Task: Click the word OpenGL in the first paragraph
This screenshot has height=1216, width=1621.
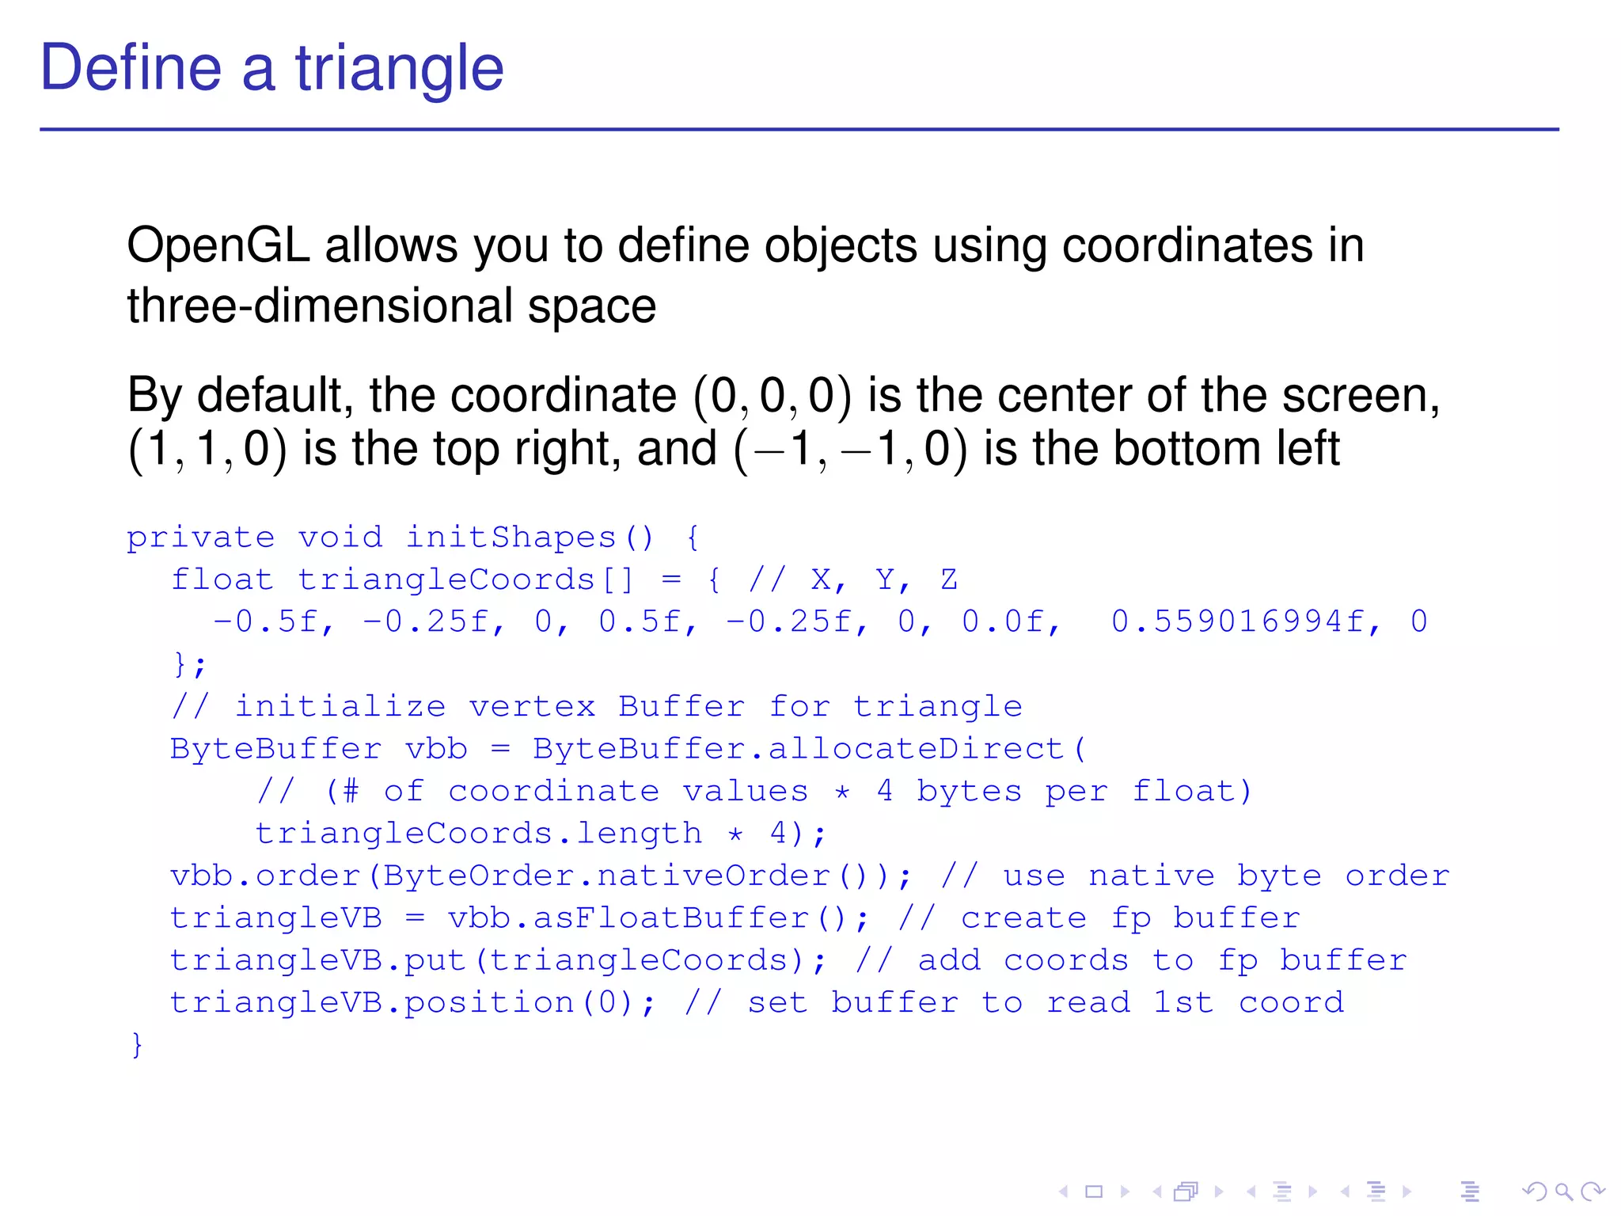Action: (218, 245)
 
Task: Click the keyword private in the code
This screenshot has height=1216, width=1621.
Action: (200, 538)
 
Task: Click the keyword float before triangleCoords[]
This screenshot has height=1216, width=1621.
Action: (222, 580)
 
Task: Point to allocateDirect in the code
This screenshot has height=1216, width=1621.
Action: (917, 749)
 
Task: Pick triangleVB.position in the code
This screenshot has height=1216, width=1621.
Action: (372, 1003)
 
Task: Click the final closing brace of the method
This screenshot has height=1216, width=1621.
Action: (137, 1045)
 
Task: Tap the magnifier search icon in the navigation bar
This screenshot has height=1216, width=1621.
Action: (1563, 1191)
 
